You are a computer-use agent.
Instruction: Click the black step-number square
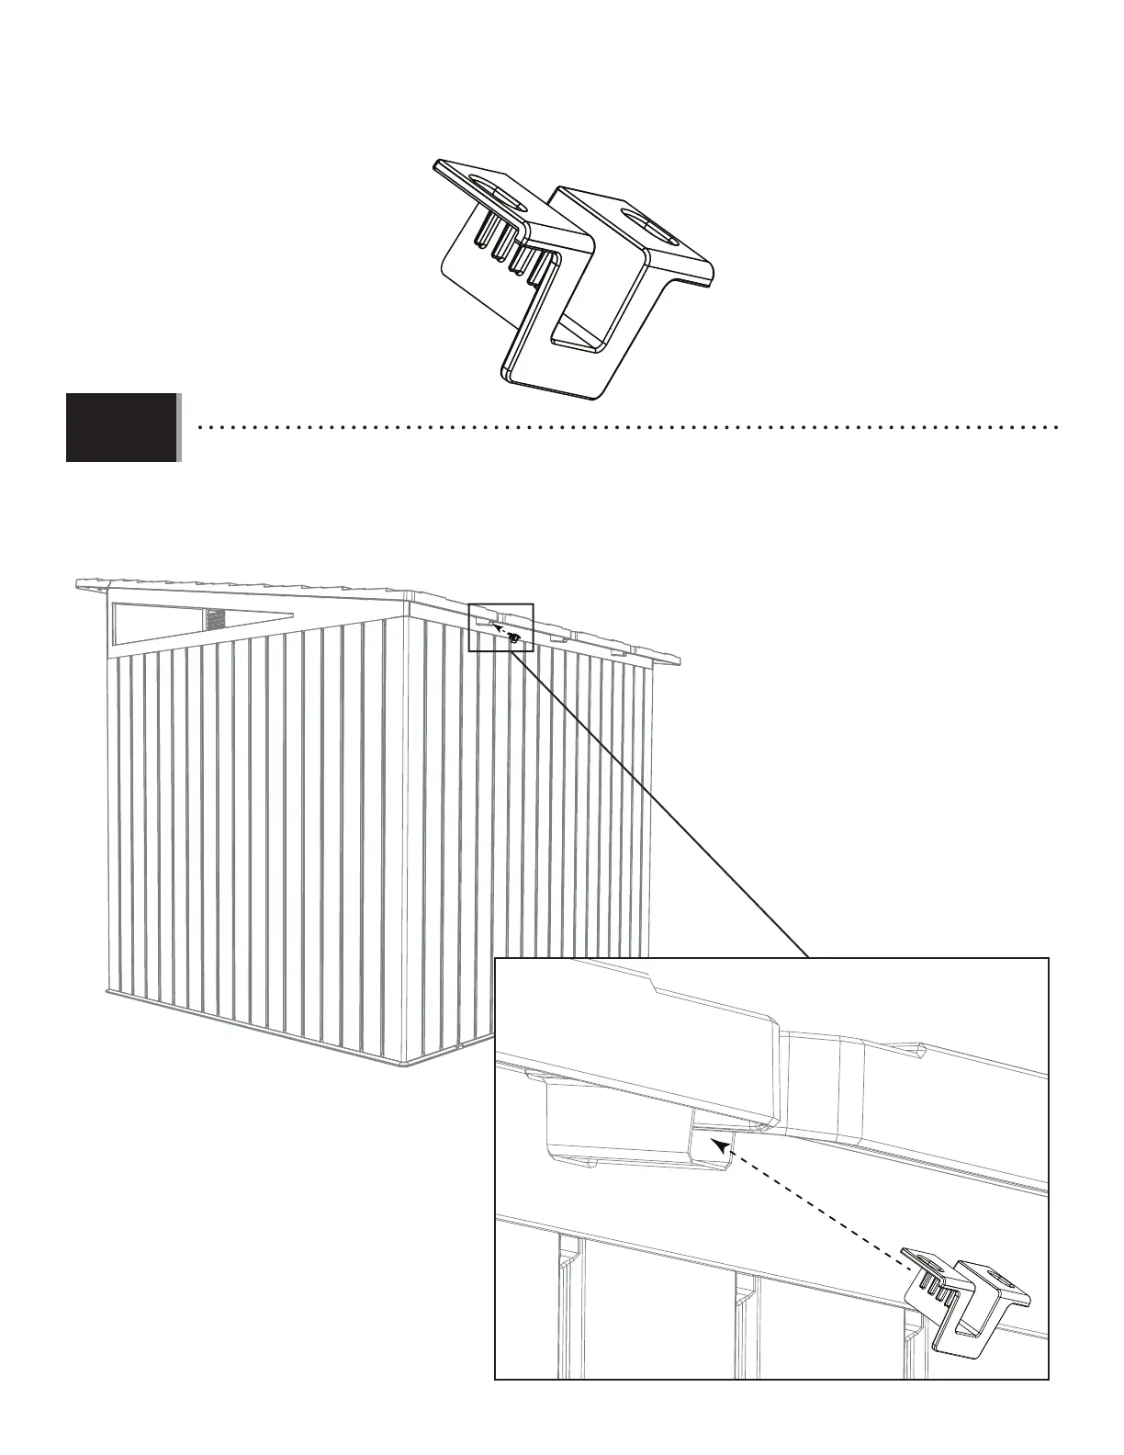click(x=121, y=427)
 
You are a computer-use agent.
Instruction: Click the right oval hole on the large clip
click(x=651, y=226)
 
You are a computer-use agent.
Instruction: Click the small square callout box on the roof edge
click(x=500, y=627)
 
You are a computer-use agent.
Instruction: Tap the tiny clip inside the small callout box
click(x=516, y=637)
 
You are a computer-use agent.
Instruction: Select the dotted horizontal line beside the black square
click(x=624, y=427)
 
